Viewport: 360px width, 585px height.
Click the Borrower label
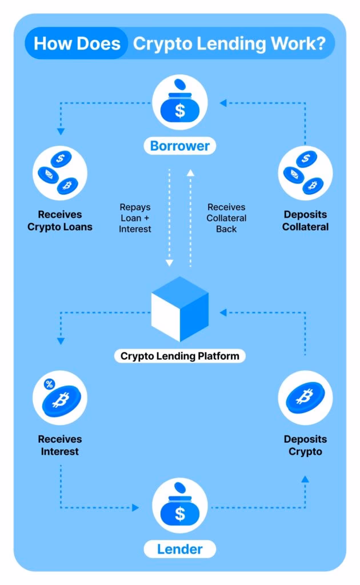click(x=180, y=146)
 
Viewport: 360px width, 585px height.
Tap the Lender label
click(x=180, y=550)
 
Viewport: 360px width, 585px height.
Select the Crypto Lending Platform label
click(x=180, y=356)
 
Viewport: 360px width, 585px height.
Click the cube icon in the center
click(x=180, y=308)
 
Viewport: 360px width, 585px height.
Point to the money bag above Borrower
click(x=180, y=106)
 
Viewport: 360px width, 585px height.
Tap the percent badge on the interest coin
click(x=49, y=384)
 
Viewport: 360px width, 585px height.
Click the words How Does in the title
click(x=77, y=44)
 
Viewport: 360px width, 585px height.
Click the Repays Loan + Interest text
click(x=135, y=218)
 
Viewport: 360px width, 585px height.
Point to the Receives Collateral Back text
click(x=226, y=218)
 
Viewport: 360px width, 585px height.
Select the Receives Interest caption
click(x=60, y=446)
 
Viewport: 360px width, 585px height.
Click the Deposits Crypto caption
click(x=305, y=446)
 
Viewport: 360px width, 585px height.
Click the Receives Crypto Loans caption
click(x=60, y=221)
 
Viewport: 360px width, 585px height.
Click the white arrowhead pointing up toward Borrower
click(x=191, y=171)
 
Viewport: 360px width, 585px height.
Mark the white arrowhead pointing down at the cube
click(x=169, y=263)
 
